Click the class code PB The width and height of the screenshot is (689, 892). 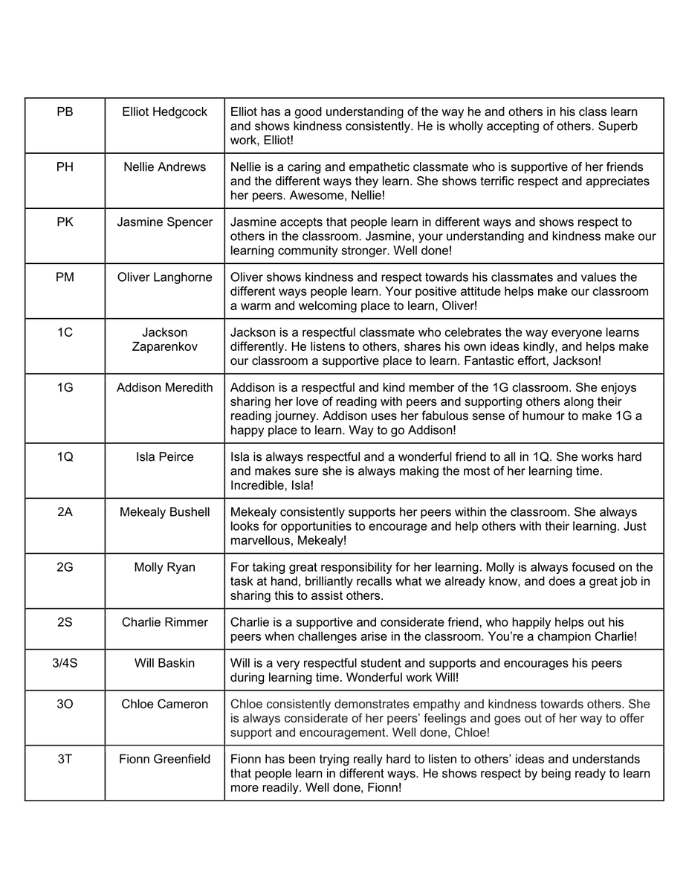(65, 111)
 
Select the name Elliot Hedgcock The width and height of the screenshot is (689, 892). (164, 111)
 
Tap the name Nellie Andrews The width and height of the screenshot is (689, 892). (164, 167)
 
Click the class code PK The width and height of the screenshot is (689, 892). (65, 222)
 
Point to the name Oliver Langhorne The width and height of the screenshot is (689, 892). (164, 277)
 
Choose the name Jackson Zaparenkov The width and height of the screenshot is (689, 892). (164, 340)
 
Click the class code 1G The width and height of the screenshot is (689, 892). (65, 387)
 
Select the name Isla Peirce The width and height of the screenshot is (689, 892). (164, 456)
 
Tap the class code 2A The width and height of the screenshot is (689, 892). (65, 511)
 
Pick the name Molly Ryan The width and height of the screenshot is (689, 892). (164, 567)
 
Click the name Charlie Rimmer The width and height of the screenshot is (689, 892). (164, 622)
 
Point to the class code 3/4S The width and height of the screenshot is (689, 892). (65, 662)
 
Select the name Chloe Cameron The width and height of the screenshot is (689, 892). (164, 704)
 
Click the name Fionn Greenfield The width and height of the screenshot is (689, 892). (164, 759)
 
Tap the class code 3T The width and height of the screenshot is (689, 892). (65, 759)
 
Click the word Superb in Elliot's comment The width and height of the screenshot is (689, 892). (618, 126)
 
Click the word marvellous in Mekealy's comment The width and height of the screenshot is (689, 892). (260, 540)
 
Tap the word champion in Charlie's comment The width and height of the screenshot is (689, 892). (561, 637)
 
